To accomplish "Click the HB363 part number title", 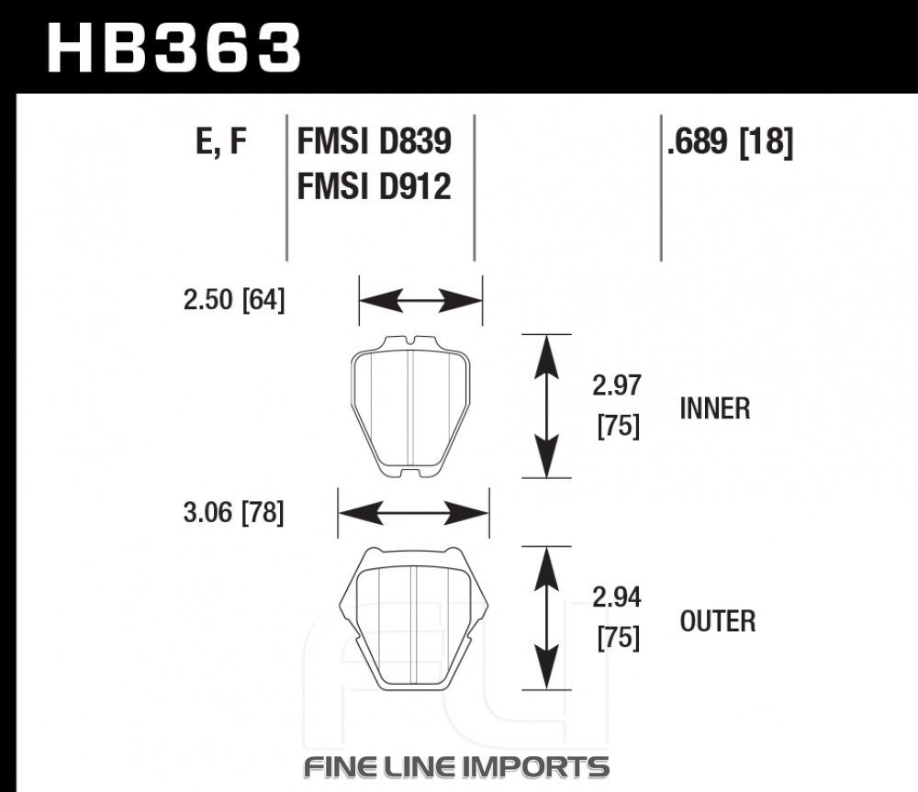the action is tap(174, 49).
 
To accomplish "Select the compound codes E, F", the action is tap(220, 141).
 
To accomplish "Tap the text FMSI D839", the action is tap(375, 141).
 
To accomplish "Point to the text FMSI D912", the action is tap(375, 187).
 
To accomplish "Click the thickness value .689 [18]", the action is tap(730, 142).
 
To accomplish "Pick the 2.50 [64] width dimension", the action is tap(234, 300).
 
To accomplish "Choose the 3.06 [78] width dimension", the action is tap(233, 513).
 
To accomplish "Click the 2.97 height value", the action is tap(617, 385).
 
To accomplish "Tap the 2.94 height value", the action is tap(617, 597).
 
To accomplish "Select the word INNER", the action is tap(715, 408).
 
